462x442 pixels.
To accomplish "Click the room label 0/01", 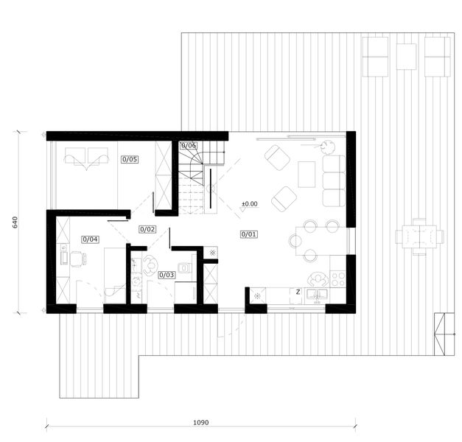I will [248, 234].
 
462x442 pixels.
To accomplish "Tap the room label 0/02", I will [147, 229].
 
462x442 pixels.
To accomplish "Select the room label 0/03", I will [166, 275].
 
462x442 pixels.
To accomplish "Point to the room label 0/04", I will [90, 239].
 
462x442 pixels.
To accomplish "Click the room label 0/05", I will [130, 158].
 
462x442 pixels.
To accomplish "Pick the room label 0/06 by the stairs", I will [189, 146].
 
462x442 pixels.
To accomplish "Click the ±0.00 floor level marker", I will [250, 203].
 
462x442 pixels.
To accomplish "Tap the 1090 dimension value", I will [201, 423].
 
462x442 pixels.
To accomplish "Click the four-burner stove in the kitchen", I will [338, 279].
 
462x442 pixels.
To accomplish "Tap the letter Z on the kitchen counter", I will [297, 292].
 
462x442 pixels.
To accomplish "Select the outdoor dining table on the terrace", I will [419, 236].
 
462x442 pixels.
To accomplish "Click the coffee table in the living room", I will [307, 174].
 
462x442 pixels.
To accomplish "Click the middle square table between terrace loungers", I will [406, 56].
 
